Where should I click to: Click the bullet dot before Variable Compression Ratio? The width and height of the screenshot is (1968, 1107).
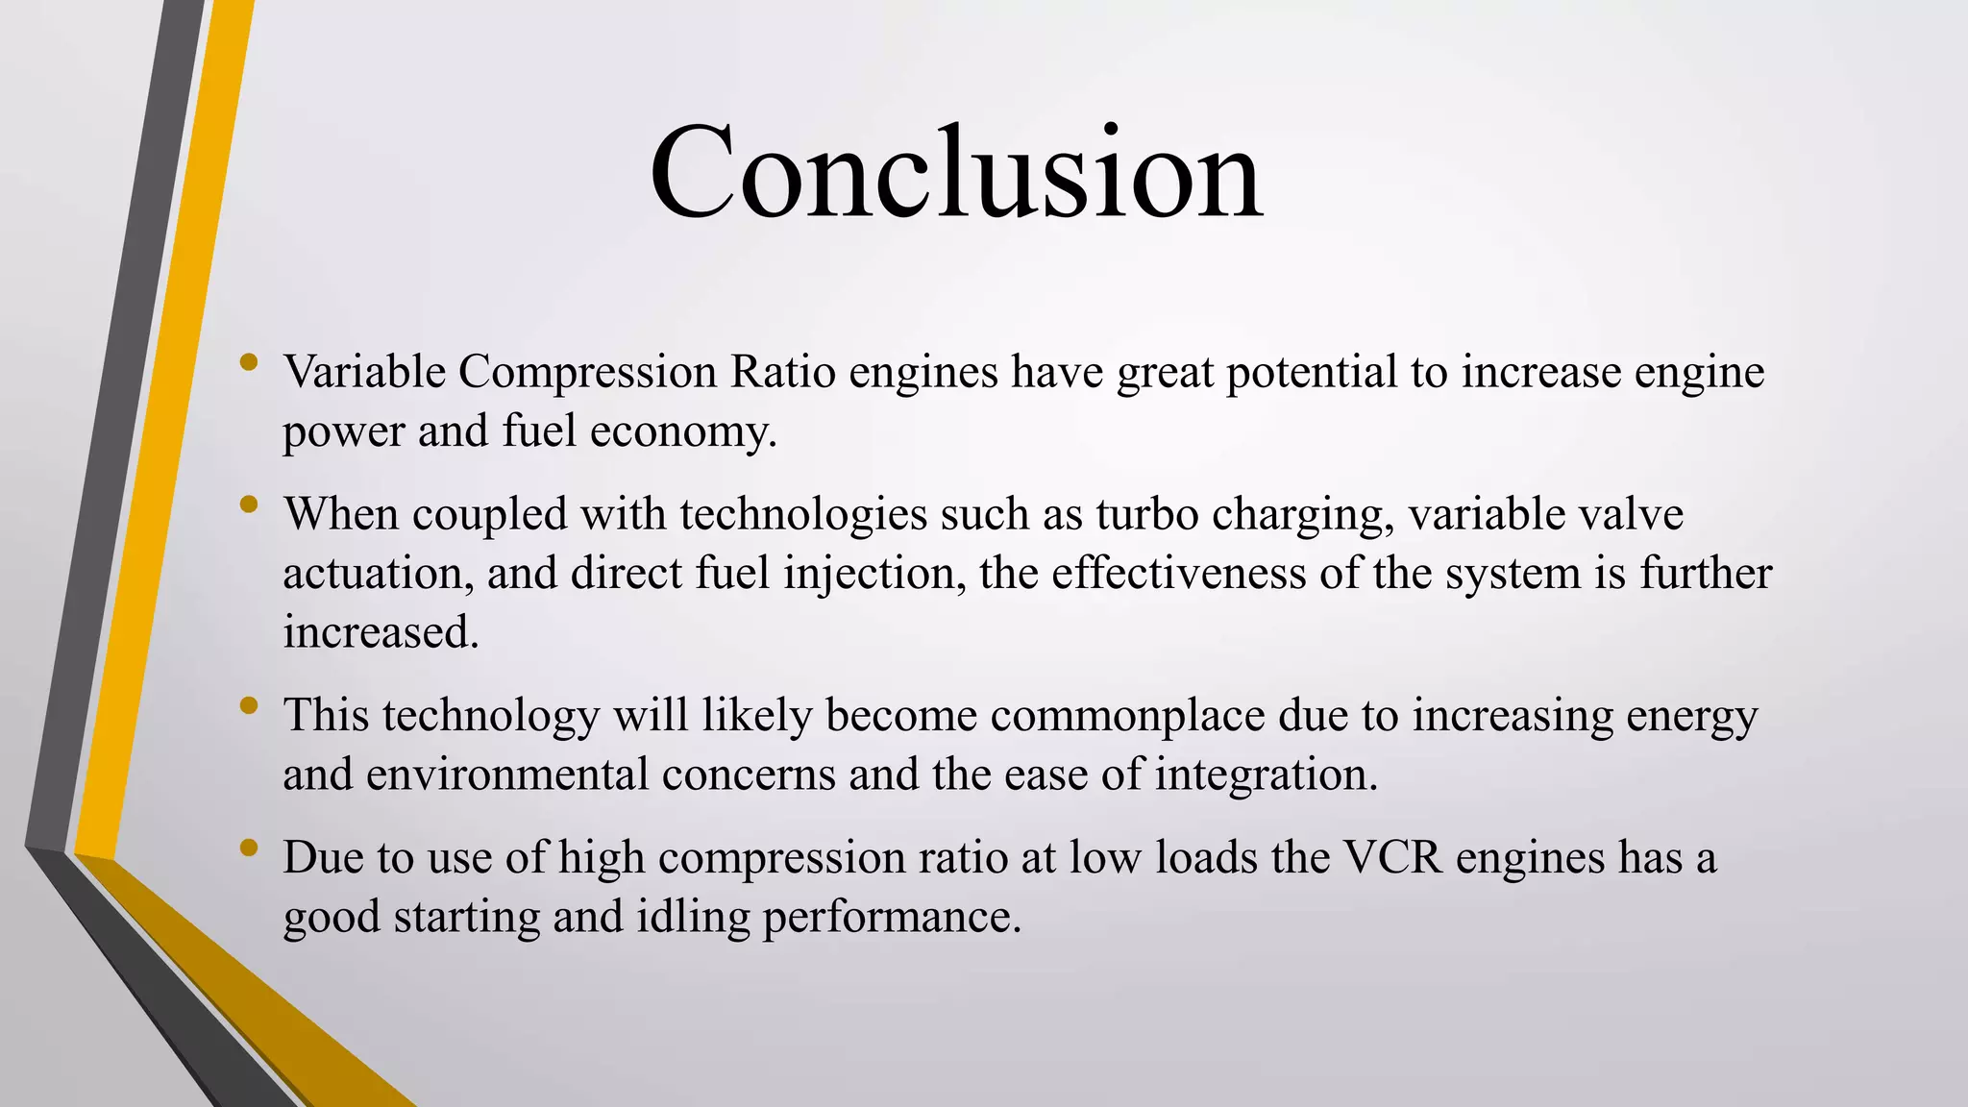point(250,362)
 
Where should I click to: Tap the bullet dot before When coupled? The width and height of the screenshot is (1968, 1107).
point(250,504)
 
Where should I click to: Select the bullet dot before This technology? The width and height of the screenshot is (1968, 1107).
point(250,705)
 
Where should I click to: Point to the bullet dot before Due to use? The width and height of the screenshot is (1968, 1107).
point(250,847)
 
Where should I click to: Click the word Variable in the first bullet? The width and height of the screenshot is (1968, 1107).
point(364,372)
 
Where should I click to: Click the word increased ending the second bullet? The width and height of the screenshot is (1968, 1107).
point(380,632)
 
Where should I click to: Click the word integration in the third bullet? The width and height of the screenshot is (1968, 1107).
point(1266,775)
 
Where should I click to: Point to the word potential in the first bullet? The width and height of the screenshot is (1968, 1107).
point(1312,372)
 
